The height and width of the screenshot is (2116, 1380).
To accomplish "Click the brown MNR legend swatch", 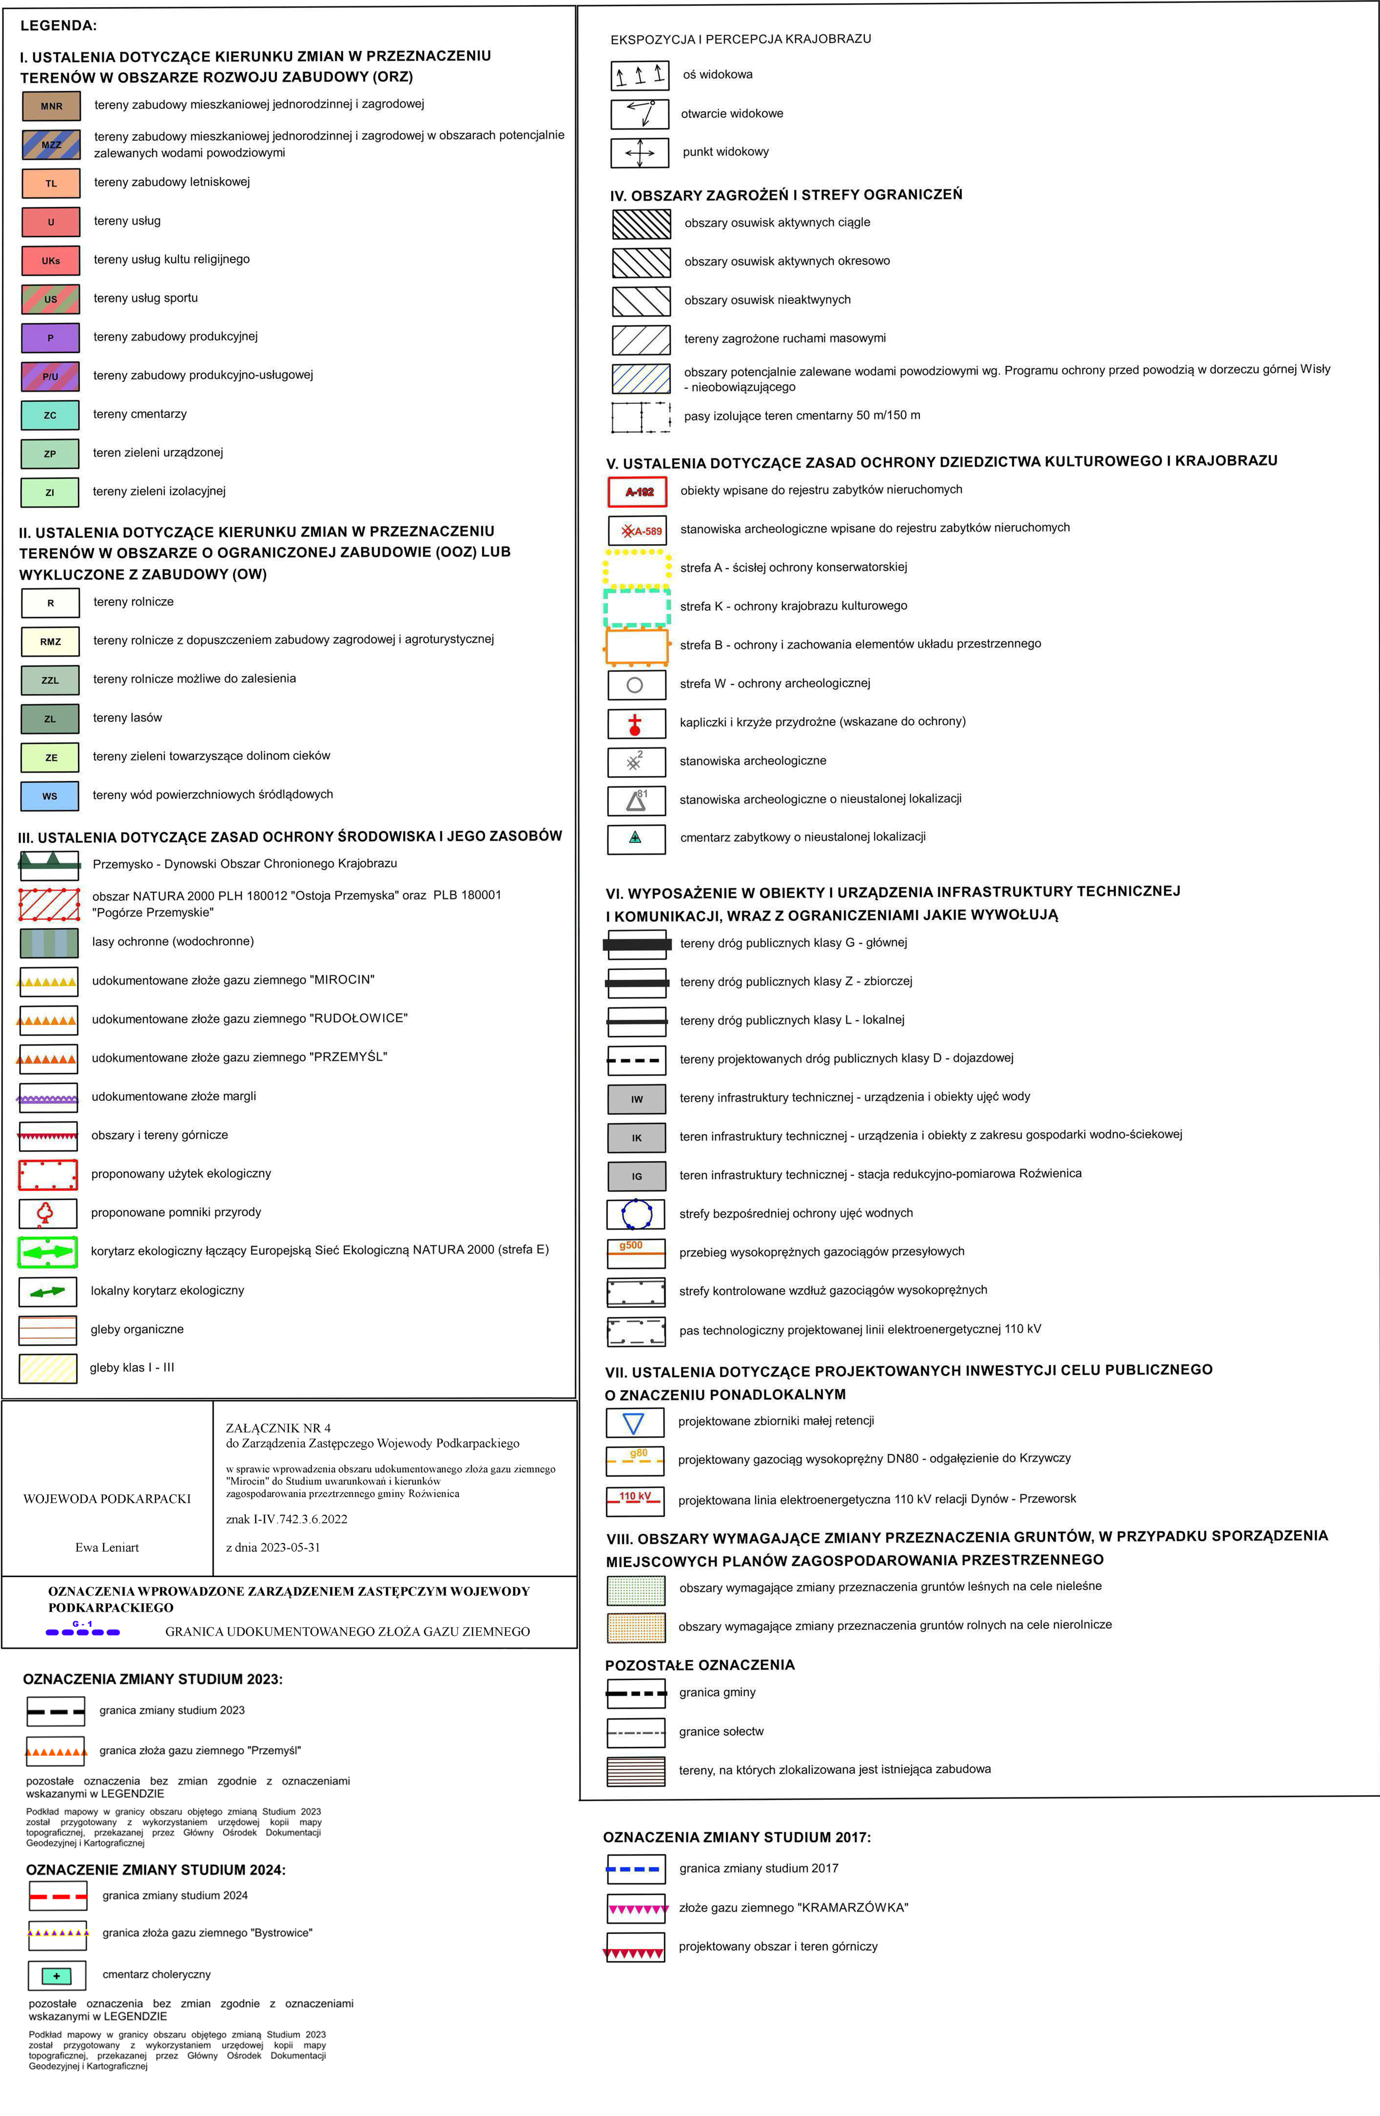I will coord(51,106).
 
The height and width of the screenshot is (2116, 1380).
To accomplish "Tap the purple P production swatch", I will coord(50,338).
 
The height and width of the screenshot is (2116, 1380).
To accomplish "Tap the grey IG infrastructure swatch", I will coord(637,1176).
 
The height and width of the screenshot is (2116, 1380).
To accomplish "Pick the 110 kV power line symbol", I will coord(635,1498).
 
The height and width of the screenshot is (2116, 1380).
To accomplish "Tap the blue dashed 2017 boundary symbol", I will coord(635,1869).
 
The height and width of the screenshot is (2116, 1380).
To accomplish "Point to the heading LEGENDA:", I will coord(59,26).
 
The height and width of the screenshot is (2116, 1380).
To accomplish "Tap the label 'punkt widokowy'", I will coord(725,152).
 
